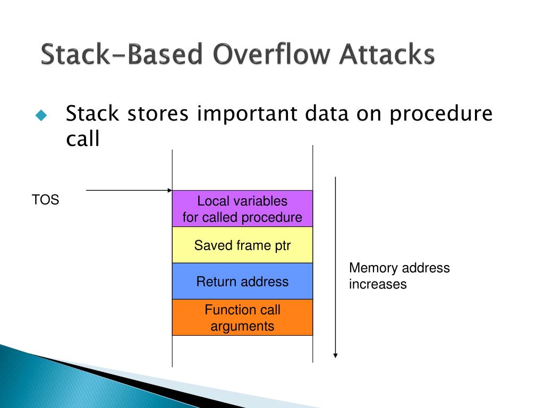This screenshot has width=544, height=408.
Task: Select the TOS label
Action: (x=45, y=201)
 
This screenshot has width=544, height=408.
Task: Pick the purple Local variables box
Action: (x=242, y=209)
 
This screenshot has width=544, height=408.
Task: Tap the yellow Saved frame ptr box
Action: (x=242, y=245)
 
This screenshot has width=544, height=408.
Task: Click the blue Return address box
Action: (x=242, y=282)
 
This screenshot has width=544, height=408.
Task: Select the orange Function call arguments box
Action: (x=242, y=318)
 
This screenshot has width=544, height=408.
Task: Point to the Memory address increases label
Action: (x=399, y=276)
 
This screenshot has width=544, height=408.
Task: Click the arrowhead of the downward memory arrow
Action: (x=335, y=355)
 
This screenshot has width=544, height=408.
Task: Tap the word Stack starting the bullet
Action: (x=93, y=115)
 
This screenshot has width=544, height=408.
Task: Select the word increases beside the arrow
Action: (x=378, y=284)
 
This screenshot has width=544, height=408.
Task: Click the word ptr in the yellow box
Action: (x=283, y=245)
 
